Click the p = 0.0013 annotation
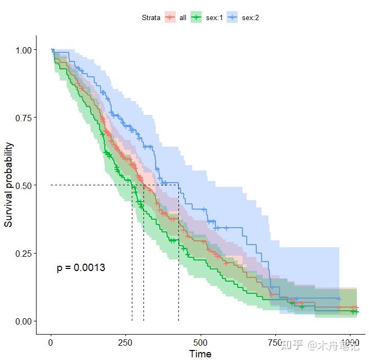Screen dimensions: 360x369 81,268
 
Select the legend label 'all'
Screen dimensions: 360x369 183,17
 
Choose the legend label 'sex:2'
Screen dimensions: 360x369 250,17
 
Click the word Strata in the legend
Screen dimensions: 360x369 151,17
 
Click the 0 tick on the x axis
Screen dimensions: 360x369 51,342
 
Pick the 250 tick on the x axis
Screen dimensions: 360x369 126,342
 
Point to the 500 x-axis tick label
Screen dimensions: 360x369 201,342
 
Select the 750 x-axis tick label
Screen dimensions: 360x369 275,342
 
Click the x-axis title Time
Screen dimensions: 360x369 200,354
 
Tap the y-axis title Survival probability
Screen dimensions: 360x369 9,185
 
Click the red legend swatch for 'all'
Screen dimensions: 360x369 170,17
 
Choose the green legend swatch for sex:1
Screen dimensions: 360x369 196,17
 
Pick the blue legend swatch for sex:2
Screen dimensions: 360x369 232,17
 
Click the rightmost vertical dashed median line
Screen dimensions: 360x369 178,254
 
